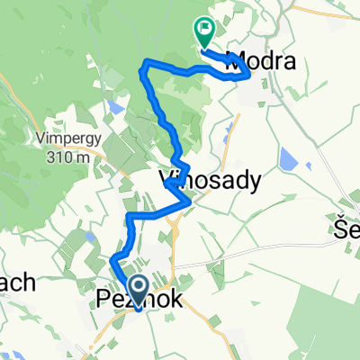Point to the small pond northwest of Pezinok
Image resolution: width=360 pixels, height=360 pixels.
click(x=92, y=238)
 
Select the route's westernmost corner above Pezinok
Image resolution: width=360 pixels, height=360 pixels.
click(x=112, y=261)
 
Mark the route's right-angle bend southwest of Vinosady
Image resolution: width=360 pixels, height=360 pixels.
click(x=130, y=217)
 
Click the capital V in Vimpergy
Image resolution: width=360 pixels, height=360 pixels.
click(x=43, y=139)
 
